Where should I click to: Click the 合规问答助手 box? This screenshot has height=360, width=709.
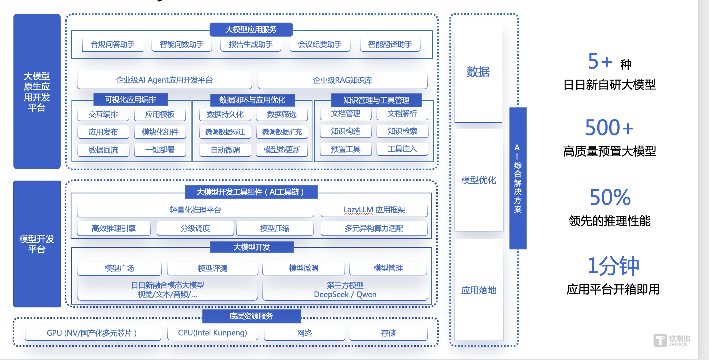tap(113, 44)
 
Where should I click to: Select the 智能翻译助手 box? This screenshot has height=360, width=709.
tap(390, 44)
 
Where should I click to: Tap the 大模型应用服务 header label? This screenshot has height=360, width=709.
tap(251, 29)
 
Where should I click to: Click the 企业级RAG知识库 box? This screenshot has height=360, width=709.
tap(342, 80)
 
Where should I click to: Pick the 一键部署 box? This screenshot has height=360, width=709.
tap(160, 150)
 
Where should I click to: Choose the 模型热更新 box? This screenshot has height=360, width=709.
tap(282, 150)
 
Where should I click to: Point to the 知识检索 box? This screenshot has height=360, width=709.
tap(402, 131)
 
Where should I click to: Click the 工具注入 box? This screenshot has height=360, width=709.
tap(402, 149)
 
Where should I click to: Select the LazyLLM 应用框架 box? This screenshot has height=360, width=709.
tap(374, 210)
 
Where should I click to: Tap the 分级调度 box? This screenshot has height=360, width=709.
tap(195, 228)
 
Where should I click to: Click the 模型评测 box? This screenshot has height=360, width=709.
tap(212, 268)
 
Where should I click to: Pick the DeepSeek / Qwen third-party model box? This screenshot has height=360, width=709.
tap(345, 290)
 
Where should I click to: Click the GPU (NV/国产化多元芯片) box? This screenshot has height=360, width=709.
tap(93, 333)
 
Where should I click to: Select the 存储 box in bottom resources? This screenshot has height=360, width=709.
tap(388, 333)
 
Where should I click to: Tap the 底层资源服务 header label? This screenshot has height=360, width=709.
tap(251, 316)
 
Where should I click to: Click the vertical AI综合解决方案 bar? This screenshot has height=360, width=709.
tap(518, 179)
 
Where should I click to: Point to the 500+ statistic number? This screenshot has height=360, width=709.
tap(609, 128)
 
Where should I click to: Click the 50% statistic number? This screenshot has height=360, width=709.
tap(610, 197)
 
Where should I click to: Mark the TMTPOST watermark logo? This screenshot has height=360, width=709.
tap(672, 340)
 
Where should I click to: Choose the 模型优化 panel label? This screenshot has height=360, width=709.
tap(479, 180)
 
